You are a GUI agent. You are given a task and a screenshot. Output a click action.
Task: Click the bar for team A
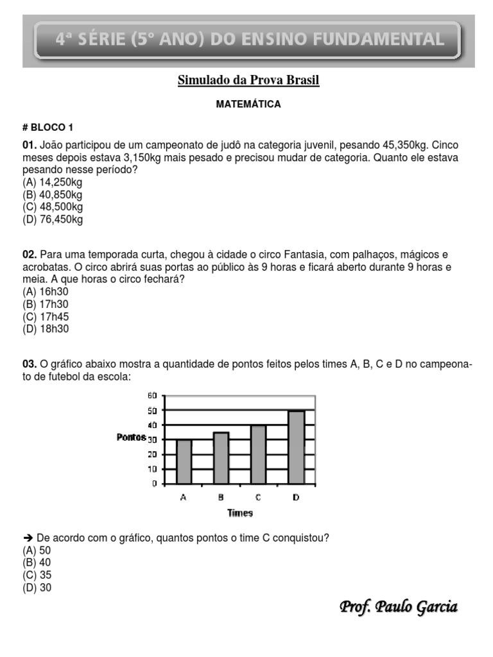click(184, 462)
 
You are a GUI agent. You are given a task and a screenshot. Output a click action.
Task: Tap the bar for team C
click(258, 454)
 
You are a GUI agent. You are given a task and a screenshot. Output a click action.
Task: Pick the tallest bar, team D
click(296, 447)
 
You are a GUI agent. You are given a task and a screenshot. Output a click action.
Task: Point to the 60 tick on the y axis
click(152, 396)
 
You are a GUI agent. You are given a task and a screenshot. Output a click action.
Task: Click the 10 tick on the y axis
click(152, 469)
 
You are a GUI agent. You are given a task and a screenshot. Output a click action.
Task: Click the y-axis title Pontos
click(131, 437)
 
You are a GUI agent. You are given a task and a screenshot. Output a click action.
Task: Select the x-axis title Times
click(239, 513)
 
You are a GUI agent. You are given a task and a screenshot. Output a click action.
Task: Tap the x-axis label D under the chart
click(296, 497)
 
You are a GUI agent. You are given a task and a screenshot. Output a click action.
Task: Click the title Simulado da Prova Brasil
click(248, 80)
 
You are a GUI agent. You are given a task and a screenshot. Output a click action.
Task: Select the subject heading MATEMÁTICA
click(248, 104)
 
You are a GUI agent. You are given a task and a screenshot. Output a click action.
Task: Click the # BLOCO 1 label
click(48, 127)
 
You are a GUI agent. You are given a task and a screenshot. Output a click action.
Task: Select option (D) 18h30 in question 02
click(45, 328)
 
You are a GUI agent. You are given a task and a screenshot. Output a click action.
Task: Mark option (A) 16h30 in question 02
click(45, 292)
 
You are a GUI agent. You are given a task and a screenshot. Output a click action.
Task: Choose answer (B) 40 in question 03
click(37, 563)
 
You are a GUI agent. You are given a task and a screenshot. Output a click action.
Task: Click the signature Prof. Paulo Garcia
click(398, 606)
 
